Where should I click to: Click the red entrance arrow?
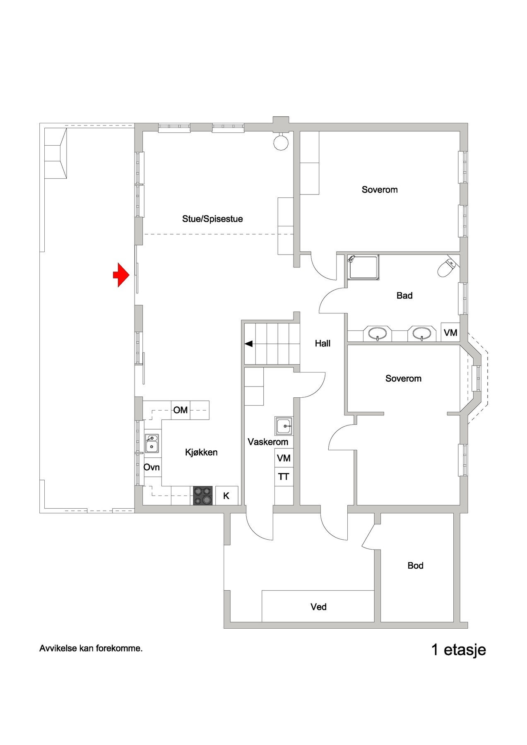(121, 275)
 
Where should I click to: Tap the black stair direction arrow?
(249, 344)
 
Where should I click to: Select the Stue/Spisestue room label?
(212, 219)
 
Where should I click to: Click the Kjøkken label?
(201, 452)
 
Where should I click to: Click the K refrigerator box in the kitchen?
(227, 495)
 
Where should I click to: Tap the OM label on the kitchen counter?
(180, 410)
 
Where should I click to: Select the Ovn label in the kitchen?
(152, 467)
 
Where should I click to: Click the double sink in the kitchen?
(152, 443)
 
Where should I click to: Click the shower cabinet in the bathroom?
(364, 267)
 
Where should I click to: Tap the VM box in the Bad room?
(450, 332)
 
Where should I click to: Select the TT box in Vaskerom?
(284, 477)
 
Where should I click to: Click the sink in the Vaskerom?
(284, 426)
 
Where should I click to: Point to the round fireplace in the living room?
(281, 142)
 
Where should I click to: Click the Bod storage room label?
(415, 565)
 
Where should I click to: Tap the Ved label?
(318, 607)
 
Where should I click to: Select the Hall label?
(322, 343)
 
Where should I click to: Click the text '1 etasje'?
(459, 650)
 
